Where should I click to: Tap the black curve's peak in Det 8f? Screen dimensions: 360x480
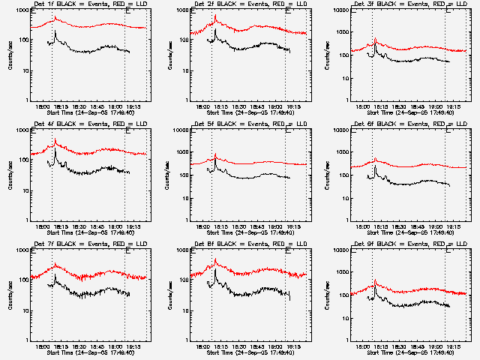point(215,268)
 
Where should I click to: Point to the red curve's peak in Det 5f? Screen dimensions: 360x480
point(215,154)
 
